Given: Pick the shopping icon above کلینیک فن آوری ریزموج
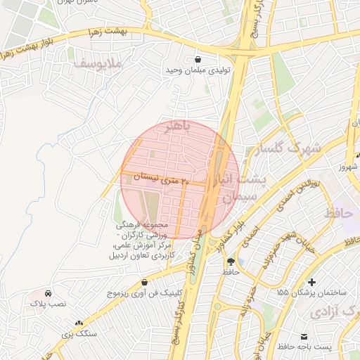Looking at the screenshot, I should (x=144, y=281).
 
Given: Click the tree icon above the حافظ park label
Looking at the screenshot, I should (x=231, y=261).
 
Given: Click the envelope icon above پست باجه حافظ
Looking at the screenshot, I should (x=304, y=337).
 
